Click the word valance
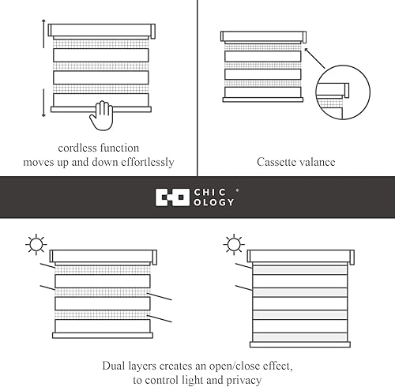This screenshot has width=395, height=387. point(318,163)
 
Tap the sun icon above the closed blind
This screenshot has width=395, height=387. point(233,244)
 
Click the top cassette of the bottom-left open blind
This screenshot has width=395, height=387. point(103,257)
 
